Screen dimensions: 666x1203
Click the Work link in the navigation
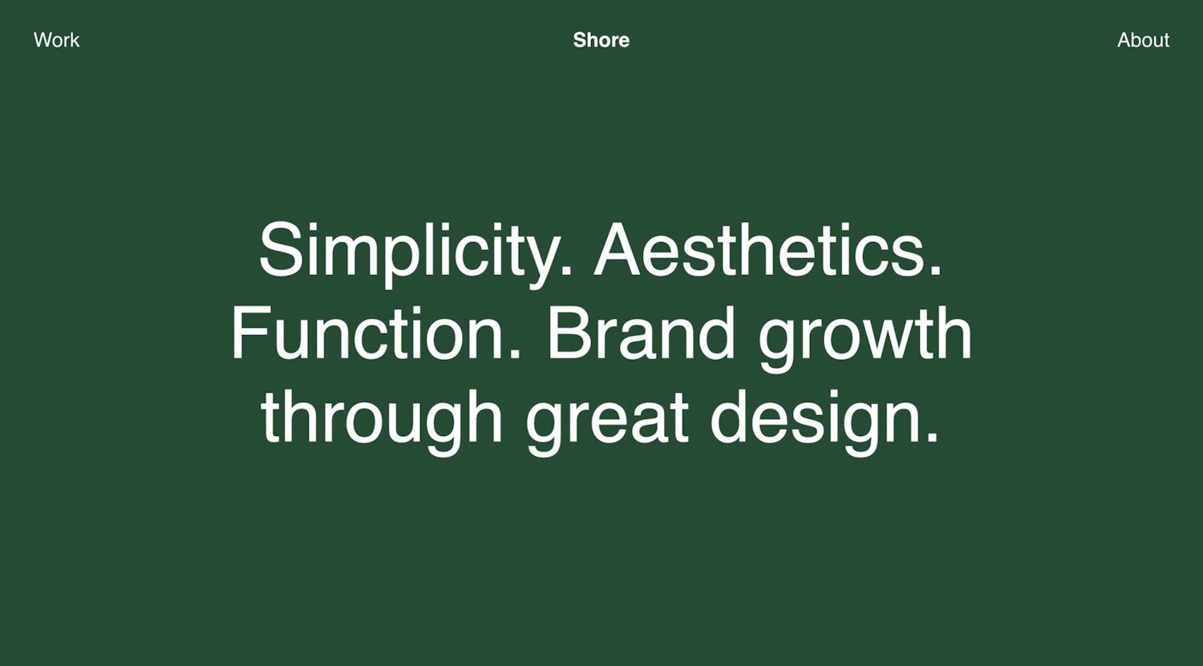click(x=57, y=40)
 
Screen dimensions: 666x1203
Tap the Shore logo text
click(x=601, y=40)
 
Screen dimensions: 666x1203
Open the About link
click(x=1143, y=40)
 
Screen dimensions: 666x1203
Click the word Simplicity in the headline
click(x=407, y=251)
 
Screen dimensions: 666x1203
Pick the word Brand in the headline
click(x=641, y=334)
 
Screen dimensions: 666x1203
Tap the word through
click(x=382, y=418)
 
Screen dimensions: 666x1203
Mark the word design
click(x=816, y=418)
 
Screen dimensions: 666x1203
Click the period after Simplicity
click(x=566, y=272)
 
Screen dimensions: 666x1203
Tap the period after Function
click(x=515, y=356)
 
